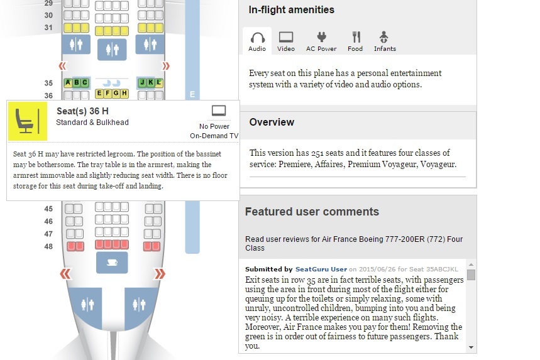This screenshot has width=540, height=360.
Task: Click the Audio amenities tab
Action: tap(257, 41)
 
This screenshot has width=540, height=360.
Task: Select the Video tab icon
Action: tap(286, 37)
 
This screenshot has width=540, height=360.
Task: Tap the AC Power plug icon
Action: tap(321, 37)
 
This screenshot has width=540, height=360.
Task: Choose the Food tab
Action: tap(355, 41)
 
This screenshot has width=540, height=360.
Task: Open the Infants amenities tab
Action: tap(385, 41)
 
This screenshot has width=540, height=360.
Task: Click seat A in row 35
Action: tap(68, 82)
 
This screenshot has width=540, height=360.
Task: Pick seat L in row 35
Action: tap(159, 82)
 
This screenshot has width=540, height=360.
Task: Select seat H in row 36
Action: tap(124, 93)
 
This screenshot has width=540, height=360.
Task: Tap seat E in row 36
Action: tap(99, 93)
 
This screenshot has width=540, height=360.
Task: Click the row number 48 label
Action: tap(48, 246)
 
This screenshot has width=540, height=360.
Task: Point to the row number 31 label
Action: tap(48, 28)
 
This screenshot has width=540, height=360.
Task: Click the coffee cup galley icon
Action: tap(112, 263)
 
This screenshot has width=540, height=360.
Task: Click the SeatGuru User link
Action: tap(321, 269)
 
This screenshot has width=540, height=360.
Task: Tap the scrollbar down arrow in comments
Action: tap(471, 347)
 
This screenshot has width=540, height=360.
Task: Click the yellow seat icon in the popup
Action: tap(28, 121)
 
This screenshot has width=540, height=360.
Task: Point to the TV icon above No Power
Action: tap(219, 111)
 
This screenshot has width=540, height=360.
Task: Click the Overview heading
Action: tap(272, 122)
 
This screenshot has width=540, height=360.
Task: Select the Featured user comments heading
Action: tap(312, 212)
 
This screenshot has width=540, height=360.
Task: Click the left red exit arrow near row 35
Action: tap(62, 66)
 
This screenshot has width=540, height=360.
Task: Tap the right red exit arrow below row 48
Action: tap(160, 274)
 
